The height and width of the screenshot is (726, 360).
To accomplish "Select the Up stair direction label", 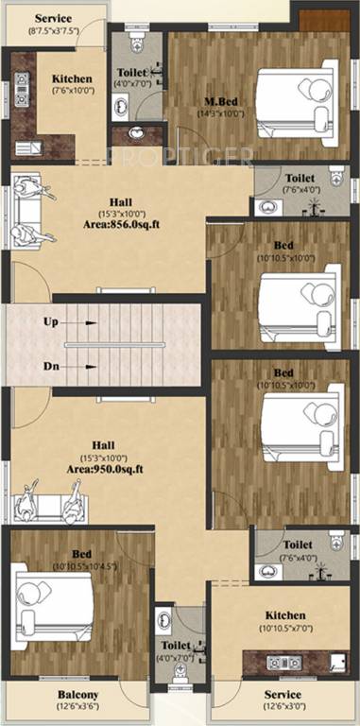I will point(51,321).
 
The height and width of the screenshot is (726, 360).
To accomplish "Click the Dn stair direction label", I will point(51,366).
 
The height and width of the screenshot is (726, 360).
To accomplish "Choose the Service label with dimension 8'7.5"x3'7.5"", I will point(53,19).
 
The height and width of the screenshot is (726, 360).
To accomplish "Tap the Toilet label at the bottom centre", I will point(176,647).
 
